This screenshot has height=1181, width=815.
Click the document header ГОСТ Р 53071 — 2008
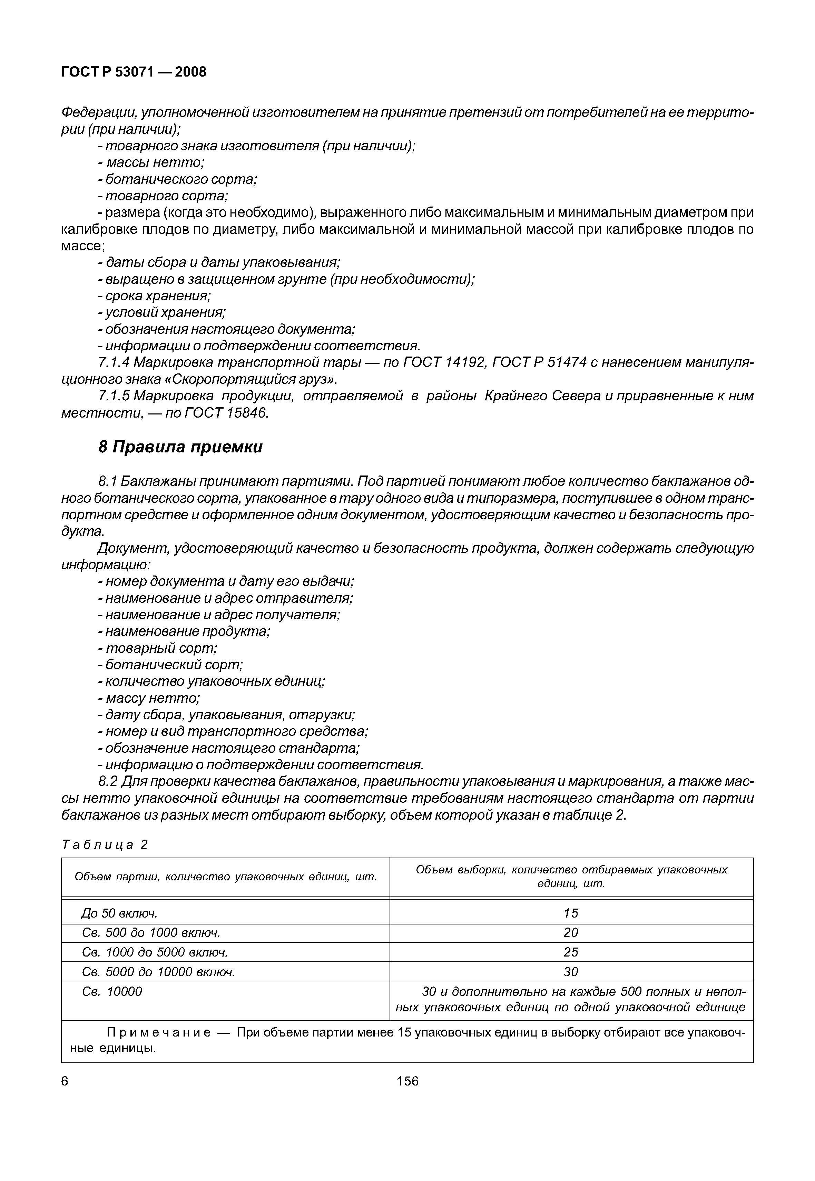[x=134, y=72]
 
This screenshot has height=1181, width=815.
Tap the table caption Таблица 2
[x=104, y=845]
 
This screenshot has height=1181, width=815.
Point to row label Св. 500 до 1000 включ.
[x=151, y=932]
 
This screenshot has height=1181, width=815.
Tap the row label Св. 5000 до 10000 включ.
[x=158, y=971]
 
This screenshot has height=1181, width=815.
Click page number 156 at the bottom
[x=407, y=1081]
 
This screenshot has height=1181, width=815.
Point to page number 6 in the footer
[x=65, y=1081]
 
